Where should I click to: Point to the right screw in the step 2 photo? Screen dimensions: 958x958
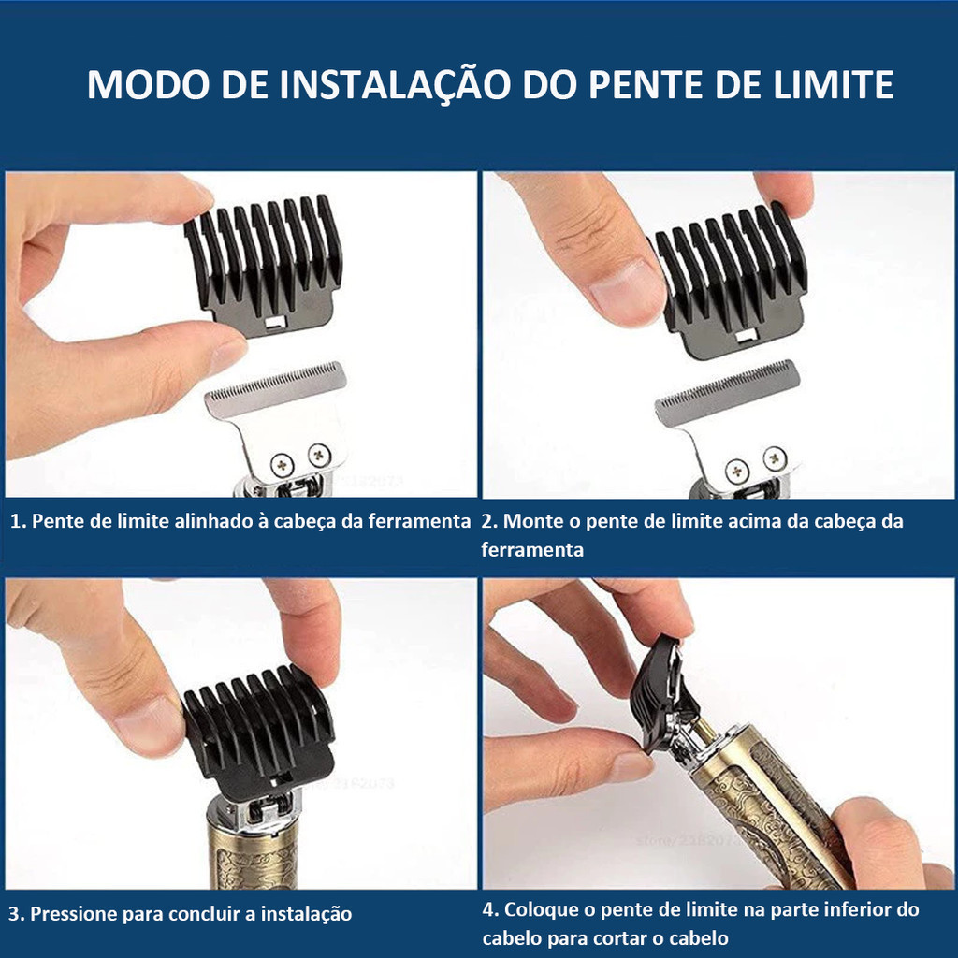coord(774,457)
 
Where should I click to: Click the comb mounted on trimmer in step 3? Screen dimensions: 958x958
coord(257,730)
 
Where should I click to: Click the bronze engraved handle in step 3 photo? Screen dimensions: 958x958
coord(253,851)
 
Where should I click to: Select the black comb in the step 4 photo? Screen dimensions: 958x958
coord(661,692)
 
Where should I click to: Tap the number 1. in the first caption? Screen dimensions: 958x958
coord(18,522)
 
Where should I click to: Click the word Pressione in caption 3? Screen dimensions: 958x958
coord(82,914)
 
